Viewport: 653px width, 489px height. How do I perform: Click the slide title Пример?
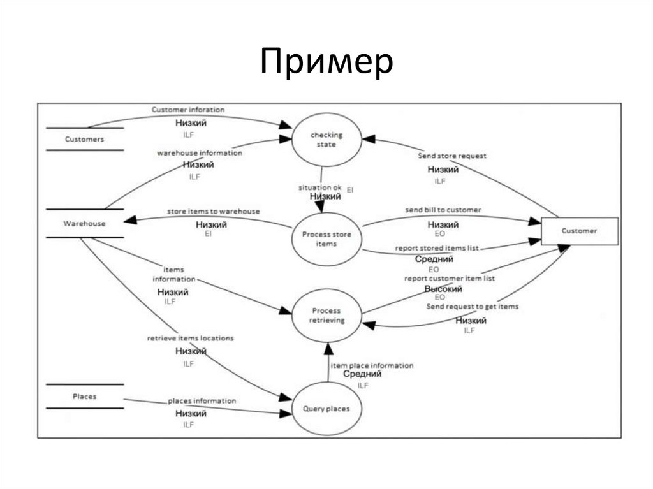(326, 64)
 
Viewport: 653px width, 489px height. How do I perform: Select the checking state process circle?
(326, 140)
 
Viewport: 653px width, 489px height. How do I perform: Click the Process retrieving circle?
(326, 316)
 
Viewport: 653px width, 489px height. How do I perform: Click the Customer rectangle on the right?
(579, 231)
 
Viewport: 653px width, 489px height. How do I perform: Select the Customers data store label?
(84, 138)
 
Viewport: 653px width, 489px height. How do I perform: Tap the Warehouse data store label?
(84, 223)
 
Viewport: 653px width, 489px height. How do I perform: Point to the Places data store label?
(84, 397)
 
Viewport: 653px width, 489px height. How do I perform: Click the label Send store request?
(452, 156)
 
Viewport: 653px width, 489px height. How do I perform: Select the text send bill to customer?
(443, 210)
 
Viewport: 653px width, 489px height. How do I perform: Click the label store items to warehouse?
(213, 211)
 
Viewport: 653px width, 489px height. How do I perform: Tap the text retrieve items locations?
(191, 338)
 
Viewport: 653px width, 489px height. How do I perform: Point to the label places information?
(202, 401)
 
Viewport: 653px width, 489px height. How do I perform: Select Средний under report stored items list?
(434, 259)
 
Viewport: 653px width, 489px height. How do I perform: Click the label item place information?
(372, 365)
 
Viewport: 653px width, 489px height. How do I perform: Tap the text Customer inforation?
(188, 110)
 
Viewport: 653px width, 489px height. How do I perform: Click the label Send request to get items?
(473, 307)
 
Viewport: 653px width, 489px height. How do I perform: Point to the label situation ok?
(320, 187)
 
